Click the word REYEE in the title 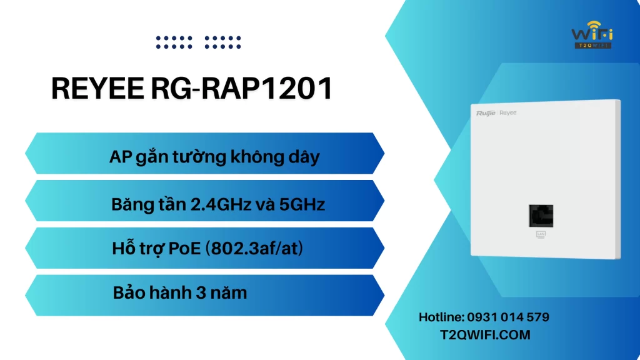pos(97,88)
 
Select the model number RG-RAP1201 pos(242,88)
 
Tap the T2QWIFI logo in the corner pos(592,35)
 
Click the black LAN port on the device pos(541,216)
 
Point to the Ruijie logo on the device pos(485,113)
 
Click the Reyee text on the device pos(508,112)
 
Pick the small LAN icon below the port pos(541,234)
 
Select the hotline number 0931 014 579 pos(508,317)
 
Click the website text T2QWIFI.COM pos(485,335)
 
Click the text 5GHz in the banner pos(302,204)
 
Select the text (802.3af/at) pos(254,248)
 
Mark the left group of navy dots pos(174,42)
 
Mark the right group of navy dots pos(223,42)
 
